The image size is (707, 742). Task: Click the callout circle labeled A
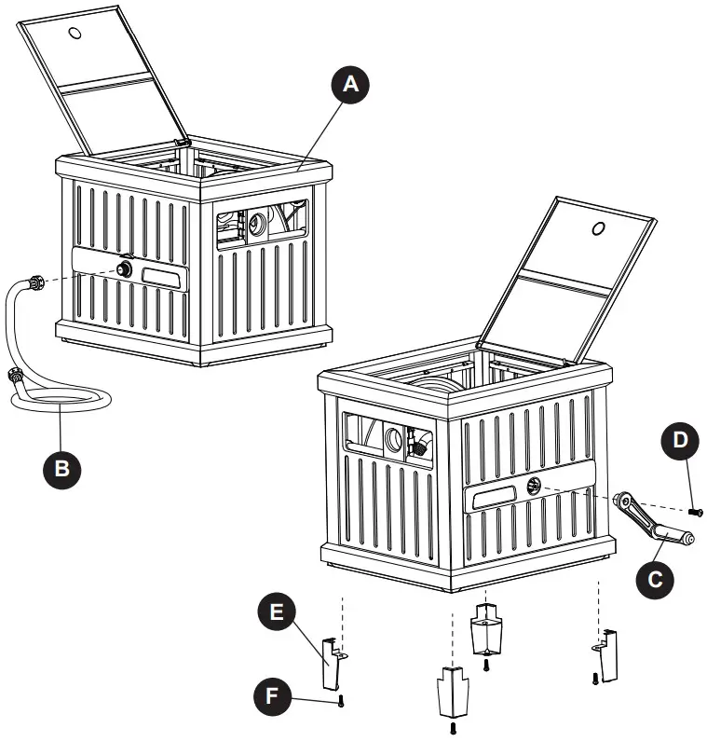[348, 85]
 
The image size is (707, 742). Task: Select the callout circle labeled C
[654, 578]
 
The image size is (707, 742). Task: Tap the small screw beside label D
[695, 511]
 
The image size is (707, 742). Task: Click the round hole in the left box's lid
[75, 34]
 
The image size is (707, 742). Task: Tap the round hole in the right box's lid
[597, 227]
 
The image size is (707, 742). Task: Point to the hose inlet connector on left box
[124, 270]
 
